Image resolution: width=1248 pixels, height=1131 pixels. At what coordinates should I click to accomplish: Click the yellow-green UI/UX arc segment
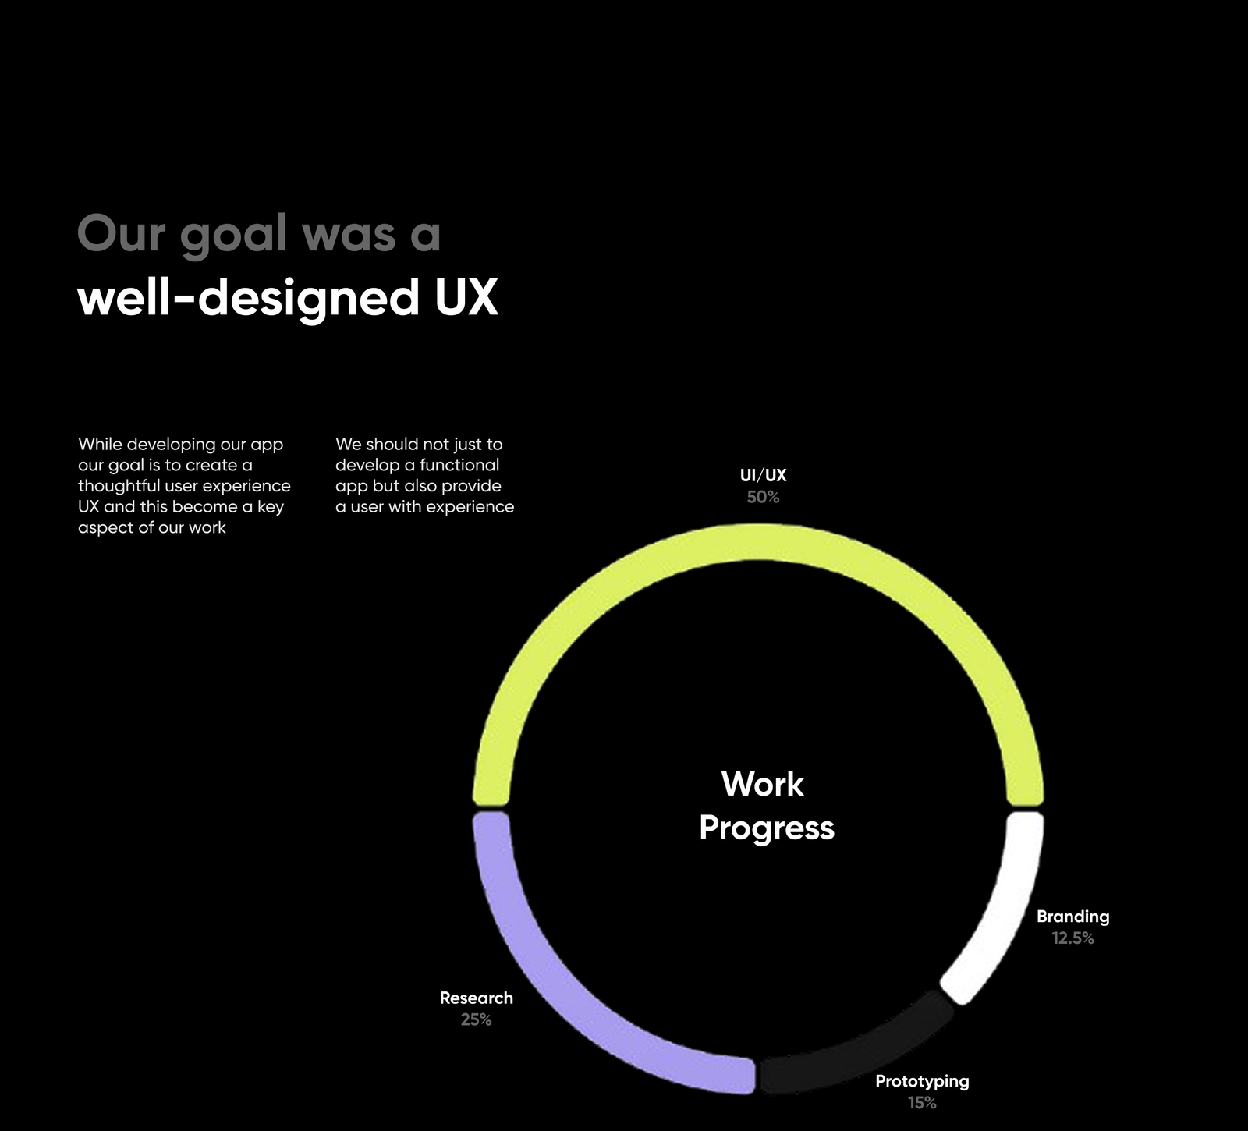(758, 543)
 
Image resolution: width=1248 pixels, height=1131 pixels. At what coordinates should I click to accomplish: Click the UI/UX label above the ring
(763, 475)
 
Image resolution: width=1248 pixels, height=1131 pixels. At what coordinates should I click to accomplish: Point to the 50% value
(763, 497)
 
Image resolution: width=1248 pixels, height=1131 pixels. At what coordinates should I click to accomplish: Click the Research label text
(476, 998)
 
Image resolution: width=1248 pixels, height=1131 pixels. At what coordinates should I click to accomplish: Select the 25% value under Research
(476, 1019)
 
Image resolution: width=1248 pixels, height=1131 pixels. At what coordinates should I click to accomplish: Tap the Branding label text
(1072, 917)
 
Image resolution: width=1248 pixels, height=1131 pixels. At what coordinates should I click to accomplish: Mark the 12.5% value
(1072, 938)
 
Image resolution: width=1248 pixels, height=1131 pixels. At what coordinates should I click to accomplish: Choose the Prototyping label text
(922, 1082)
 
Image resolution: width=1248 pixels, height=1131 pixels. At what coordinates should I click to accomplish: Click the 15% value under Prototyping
(922, 1103)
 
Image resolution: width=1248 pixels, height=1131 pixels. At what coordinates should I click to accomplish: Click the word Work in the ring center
(762, 785)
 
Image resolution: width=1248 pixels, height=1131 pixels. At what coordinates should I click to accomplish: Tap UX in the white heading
(466, 298)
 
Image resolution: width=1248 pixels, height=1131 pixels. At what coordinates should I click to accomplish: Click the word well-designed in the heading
(249, 300)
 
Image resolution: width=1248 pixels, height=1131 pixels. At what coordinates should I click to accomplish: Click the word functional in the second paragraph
(459, 465)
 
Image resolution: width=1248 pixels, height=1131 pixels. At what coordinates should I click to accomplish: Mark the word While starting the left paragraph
(100, 444)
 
